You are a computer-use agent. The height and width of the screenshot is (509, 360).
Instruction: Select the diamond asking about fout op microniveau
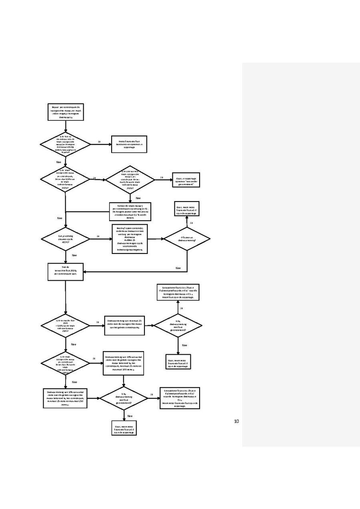click(65, 144)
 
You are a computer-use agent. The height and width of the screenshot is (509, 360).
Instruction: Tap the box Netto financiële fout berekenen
click(129, 144)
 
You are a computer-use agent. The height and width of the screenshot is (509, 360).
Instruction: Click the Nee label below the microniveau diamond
click(59, 162)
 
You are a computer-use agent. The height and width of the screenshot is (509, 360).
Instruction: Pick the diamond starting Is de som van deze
click(130, 180)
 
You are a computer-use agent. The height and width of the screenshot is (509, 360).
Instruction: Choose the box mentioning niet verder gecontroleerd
click(186, 180)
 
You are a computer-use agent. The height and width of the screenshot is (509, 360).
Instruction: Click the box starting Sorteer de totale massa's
click(130, 212)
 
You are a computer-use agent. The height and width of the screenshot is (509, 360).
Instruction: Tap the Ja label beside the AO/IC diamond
click(98, 236)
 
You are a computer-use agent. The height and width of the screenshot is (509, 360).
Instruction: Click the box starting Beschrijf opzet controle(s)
click(130, 239)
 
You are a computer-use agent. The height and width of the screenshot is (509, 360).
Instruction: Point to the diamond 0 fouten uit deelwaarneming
click(187, 239)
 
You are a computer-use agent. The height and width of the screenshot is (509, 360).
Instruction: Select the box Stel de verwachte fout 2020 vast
click(65, 272)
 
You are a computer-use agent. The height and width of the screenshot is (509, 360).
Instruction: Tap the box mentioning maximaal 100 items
click(123, 363)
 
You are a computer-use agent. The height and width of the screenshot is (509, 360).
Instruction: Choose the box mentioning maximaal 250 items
click(65, 398)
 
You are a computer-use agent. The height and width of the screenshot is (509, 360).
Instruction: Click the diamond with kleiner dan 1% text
click(65, 363)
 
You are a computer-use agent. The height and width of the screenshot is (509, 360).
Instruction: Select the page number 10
click(236, 421)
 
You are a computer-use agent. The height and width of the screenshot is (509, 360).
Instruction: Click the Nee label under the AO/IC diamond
click(74, 255)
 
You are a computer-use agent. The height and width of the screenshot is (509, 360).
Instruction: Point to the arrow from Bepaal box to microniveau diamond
click(65, 126)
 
